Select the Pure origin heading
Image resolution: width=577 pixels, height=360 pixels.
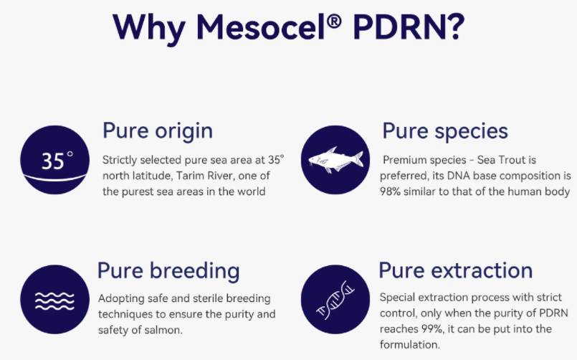(x=157, y=131)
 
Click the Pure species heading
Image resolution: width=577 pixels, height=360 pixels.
(x=445, y=131)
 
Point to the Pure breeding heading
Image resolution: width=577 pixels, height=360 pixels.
(x=168, y=271)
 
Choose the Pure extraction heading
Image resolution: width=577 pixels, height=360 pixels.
(x=455, y=270)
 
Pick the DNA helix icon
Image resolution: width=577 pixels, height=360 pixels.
(x=334, y=300)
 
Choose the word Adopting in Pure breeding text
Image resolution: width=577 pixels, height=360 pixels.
(x=120, y=298)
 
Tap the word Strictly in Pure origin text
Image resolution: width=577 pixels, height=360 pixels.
(x=120, y=159)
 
